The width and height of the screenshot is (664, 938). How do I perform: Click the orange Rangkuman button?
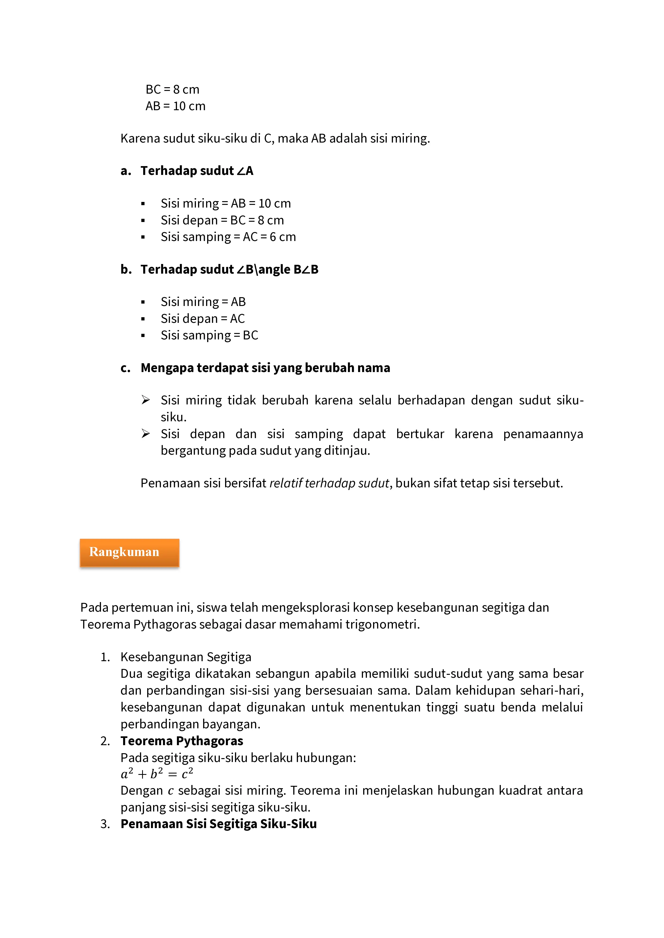coord(129,552)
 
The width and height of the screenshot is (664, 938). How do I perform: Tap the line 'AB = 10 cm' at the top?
coord(175,106)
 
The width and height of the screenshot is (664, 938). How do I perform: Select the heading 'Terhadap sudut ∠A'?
coord(197,171)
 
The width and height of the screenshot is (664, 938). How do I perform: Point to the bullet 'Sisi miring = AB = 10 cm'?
coord(225,204)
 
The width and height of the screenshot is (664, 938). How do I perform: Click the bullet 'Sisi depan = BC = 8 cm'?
coord(222,220)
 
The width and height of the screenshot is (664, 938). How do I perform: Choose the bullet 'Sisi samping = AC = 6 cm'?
coord(228,237)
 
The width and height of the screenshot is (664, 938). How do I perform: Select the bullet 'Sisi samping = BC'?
coord(209,335)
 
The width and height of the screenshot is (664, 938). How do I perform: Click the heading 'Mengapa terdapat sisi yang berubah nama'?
coord(265,368)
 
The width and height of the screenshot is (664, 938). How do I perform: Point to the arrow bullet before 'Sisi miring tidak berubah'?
coord(146,400)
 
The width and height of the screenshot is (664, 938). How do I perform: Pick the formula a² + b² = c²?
coord(157,774)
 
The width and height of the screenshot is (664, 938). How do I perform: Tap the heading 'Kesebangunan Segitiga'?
coord(186,657)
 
